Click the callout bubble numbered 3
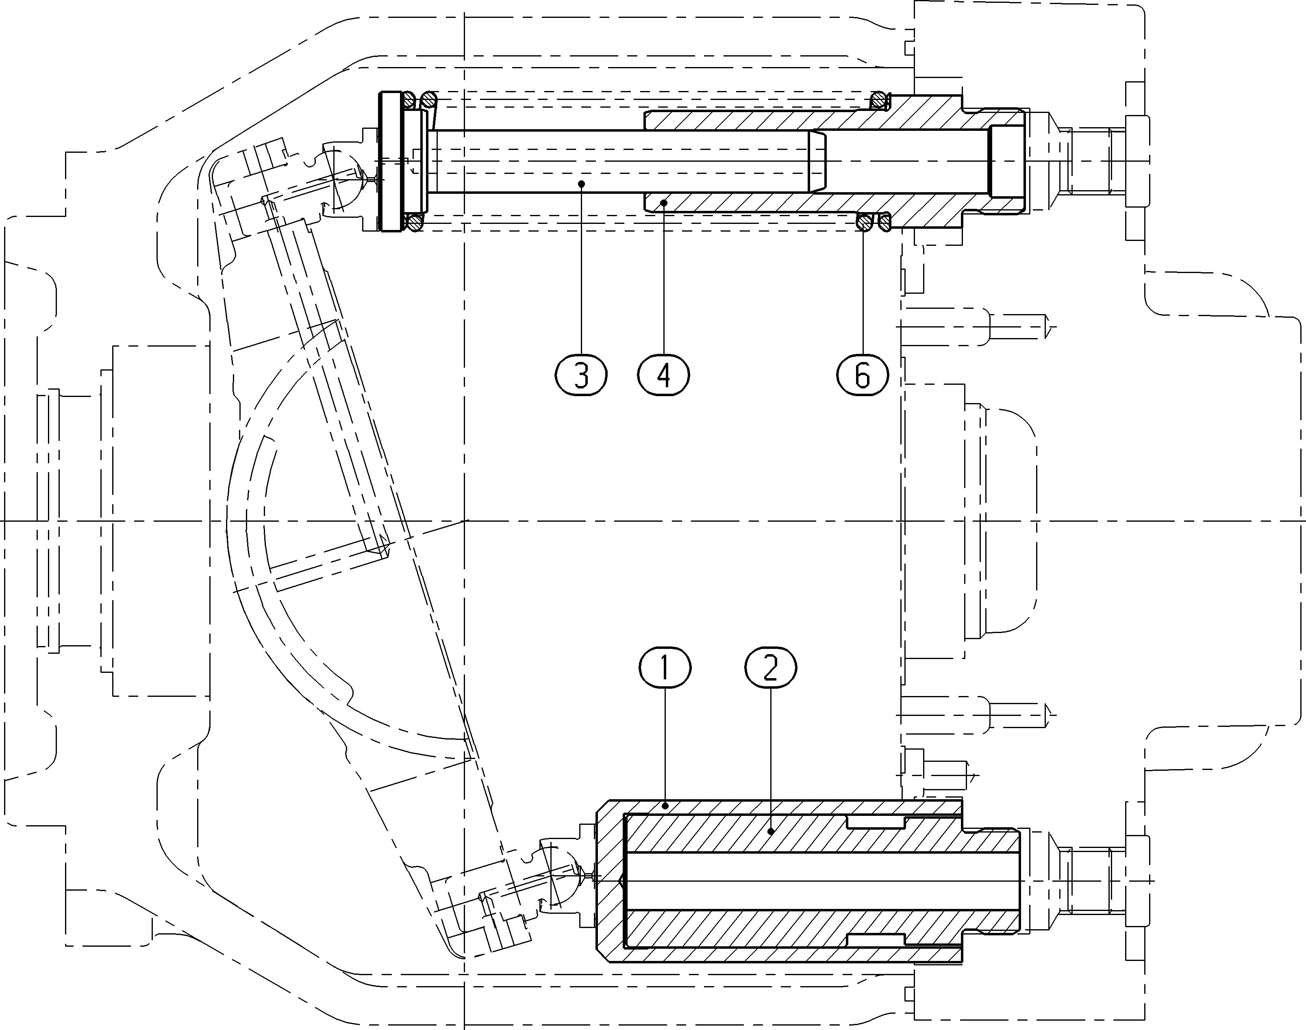pos(581,375)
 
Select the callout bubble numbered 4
pos(663,375)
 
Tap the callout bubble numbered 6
pos(863,375)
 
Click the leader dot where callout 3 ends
pos(581,183)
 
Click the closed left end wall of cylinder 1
pos(611,881)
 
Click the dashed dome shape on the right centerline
pos(1002,520)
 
